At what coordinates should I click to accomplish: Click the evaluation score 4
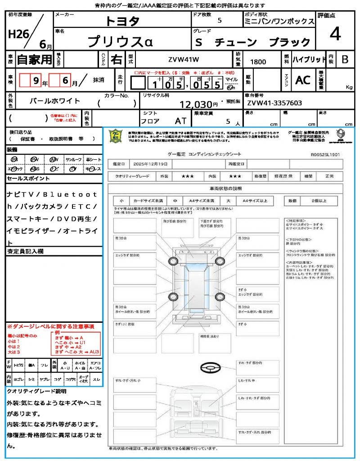[334, 34]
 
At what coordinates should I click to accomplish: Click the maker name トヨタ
[122, 21]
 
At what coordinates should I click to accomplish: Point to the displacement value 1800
[258, 62]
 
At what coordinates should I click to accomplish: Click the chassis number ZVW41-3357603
[274, 103]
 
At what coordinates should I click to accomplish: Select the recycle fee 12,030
[196, 104]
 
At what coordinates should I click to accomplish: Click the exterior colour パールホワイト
[55, 101]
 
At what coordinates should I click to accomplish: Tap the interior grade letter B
[345, 59]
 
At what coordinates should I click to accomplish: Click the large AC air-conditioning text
[303, 80]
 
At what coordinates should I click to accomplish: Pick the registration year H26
[18, 34]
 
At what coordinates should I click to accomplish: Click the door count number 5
[219, 21]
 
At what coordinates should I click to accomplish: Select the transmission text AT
[180, 121]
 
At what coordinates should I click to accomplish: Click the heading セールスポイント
[28, 178]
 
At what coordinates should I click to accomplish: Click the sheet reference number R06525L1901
[325, 154]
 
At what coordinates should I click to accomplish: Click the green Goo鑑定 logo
[116, 136]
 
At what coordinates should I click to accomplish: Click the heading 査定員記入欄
[25, 250]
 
